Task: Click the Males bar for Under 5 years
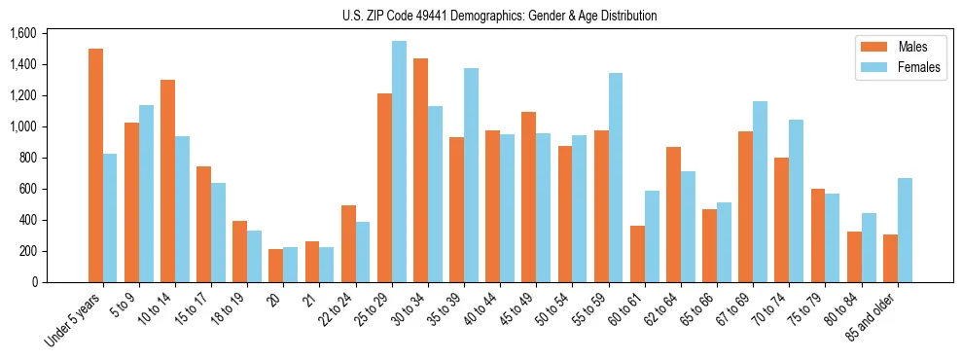[95, 165]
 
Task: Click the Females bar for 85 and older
[904, 230]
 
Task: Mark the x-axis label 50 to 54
[552, 309]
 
